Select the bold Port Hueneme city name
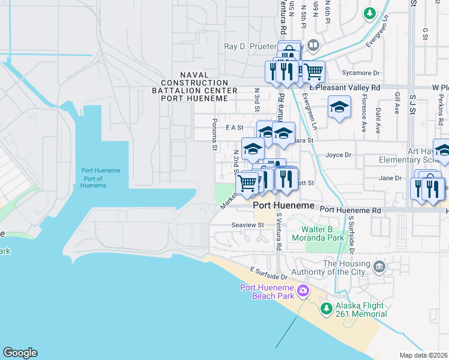(284, 206)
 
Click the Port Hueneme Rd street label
(351, 211)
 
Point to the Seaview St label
(247, 225)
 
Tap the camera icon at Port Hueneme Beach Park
(303, 291)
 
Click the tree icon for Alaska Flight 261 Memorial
(326, 308)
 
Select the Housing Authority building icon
(379, 266)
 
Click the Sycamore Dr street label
(361, 73)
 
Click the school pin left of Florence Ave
(339, 108)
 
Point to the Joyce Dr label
(338, 155)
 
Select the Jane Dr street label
(390, 178)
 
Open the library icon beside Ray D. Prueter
(313, 46)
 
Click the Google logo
(20, 353)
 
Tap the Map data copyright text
(424, 355)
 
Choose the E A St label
(234, 127)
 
